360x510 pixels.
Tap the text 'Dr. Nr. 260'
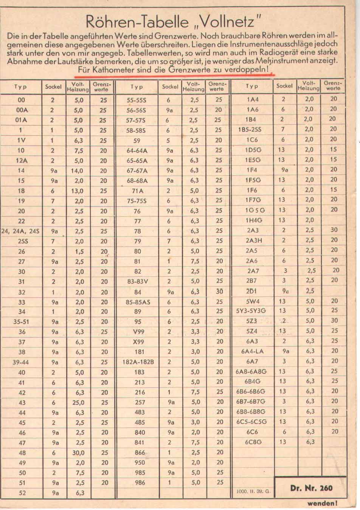(311, 488)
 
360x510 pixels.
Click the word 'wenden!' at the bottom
(322, 503)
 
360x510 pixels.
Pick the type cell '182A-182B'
(138, 362)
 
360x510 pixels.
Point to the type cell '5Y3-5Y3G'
(251, 311)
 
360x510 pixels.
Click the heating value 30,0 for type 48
(78, 453)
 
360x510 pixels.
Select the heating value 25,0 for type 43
(78, 403)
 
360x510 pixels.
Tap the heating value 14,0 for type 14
(77, 171)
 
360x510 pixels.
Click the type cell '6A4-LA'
(252, 351)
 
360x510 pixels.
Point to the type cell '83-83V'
(138, 281)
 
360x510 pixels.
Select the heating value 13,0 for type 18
(77, 191)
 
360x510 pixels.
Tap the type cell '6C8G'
(253, 442)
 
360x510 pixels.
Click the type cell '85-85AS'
(138, 302)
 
